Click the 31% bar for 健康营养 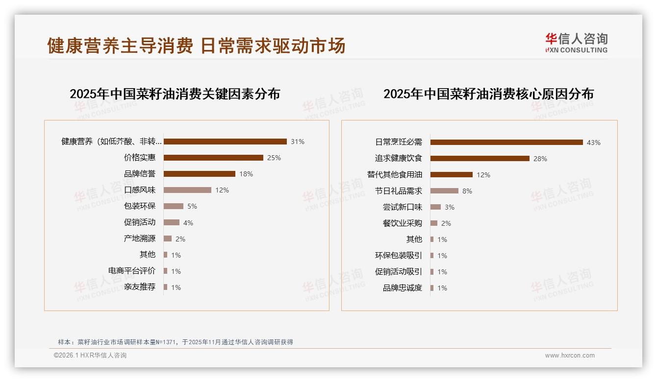pos(225,142)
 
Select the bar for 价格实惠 pos(213,158)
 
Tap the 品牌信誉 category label pos(140,174)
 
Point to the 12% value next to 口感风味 pos(222,190)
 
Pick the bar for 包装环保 pos(173,206)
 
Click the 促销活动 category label pos(140,222)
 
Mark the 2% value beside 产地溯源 pos(180,239)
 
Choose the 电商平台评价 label pos(132,271)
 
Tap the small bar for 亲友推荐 pos(166,287)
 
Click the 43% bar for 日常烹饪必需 pos(506,142)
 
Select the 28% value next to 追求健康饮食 pos(540,159)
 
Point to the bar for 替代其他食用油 pos(452,174)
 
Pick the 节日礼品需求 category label pos(399,191)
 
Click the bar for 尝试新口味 pos(435,207)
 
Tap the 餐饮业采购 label pos(403,223)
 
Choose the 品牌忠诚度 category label pos(403,288)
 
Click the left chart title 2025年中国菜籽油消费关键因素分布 pos(175,94)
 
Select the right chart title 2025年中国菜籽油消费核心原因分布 pos(488,94)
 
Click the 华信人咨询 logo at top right pos(576,43)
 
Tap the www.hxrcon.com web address pos(570,356)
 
